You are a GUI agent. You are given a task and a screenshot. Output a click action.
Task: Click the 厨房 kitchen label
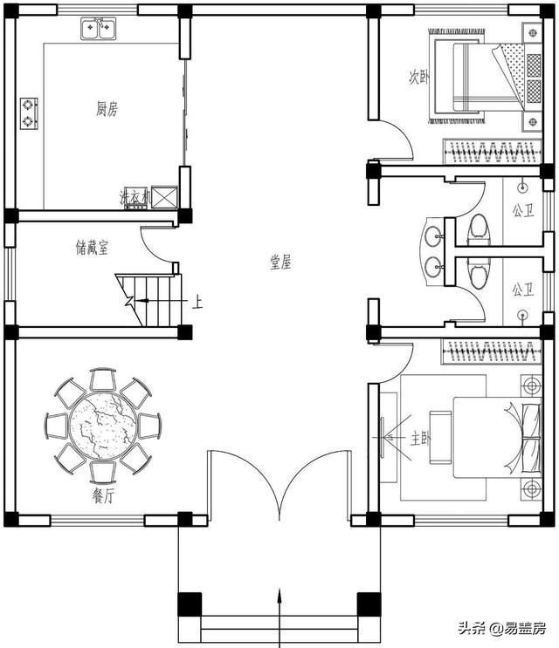coord(107,110)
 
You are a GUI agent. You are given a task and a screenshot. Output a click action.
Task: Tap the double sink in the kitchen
coord(98,28)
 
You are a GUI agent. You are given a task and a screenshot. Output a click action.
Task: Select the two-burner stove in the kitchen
coord(29,113)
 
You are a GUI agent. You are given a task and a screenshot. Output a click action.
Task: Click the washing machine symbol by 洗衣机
coord(164,197)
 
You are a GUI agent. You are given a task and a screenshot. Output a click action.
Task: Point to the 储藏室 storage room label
coord(92,248)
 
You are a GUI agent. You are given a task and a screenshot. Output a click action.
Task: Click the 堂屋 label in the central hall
coord(280,262)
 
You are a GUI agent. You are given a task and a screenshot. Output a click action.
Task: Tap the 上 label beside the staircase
coord(197,302)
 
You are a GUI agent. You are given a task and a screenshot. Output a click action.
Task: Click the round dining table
coord(103,426)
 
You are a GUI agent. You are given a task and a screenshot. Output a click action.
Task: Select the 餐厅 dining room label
coord(102,496)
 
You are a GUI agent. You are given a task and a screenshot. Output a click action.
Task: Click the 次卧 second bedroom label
coord(418,77)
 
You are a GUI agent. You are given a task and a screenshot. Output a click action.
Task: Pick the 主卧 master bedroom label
coord(420,439)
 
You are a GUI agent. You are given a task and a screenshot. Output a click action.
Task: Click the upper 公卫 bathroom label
coord(523,211)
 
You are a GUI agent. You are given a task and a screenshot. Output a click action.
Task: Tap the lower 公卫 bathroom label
coord(523,290)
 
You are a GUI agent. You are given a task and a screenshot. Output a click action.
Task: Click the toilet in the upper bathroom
coord(480,229)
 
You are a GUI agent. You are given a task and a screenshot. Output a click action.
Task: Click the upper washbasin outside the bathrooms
coord(433,236)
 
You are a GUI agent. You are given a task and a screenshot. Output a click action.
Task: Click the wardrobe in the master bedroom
coord(492,352)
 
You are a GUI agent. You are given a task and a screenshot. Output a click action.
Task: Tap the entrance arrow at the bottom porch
coord(280,617)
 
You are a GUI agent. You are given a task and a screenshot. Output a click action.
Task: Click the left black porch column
coord(190,604)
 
